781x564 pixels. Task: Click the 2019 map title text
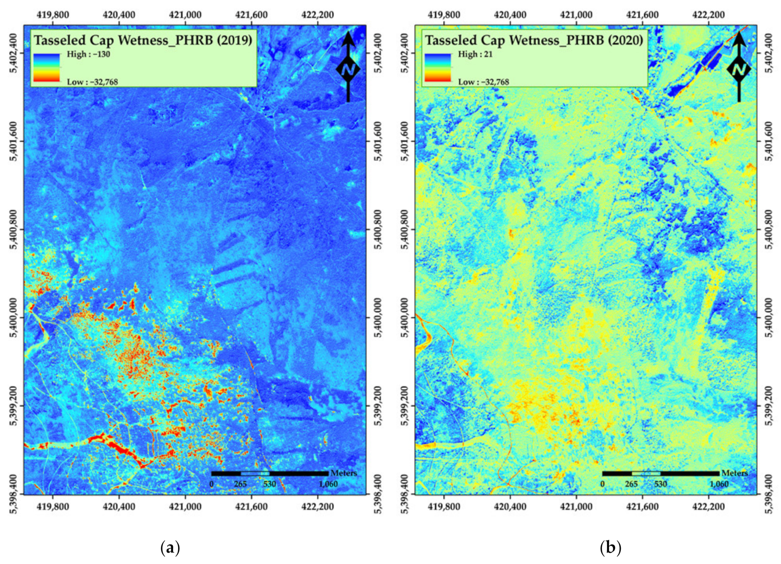click(143, 40)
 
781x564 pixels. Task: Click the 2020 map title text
click(534, 40)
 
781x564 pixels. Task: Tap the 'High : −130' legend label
click(88, 54)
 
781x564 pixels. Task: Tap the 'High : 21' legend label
click(475, 54)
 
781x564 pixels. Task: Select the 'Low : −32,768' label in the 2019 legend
click(93, 82)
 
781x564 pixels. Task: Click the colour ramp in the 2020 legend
click(437, 68)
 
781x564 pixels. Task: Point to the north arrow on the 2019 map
click(348, 67)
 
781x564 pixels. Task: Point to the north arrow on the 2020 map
click(739, 67)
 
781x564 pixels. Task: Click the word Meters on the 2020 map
click(734, 473)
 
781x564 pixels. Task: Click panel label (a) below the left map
click(170, 547)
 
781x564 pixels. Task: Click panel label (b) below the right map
click(610, 547)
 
